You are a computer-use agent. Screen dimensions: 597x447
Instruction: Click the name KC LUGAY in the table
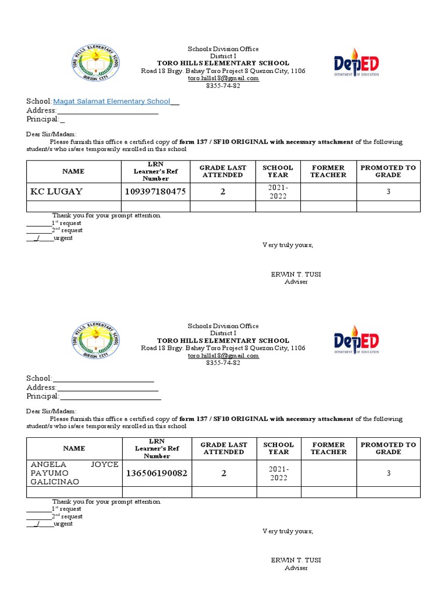(x=56, y=191)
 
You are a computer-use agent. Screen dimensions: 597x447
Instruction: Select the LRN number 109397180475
(x=156, y=191)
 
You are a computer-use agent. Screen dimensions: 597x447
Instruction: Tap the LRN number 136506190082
(x=156, y=473)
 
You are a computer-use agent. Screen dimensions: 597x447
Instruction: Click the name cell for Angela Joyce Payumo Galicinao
(x=74, y=473)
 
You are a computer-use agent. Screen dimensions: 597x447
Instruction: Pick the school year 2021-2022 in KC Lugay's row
(x=278, y=191)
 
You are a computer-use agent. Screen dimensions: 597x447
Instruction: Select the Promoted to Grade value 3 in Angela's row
(x=388, y=473)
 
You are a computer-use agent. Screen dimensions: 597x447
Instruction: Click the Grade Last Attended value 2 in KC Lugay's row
(x=223, y=191)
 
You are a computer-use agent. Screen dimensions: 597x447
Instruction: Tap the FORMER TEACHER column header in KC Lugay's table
(x=328, y=171)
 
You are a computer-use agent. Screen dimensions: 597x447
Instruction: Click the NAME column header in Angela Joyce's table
(x=74, y=448)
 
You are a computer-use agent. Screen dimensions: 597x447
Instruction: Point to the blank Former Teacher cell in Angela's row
(x=328, y=473)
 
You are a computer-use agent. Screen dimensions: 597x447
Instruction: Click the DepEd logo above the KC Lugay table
(x=356, y=65)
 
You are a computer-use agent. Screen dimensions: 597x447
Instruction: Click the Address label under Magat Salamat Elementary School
(x=41, y=110)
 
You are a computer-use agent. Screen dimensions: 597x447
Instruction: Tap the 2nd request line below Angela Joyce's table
(x=38, y=516)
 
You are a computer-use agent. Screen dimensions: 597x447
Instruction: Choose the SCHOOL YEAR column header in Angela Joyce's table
(x=278, y=448)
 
